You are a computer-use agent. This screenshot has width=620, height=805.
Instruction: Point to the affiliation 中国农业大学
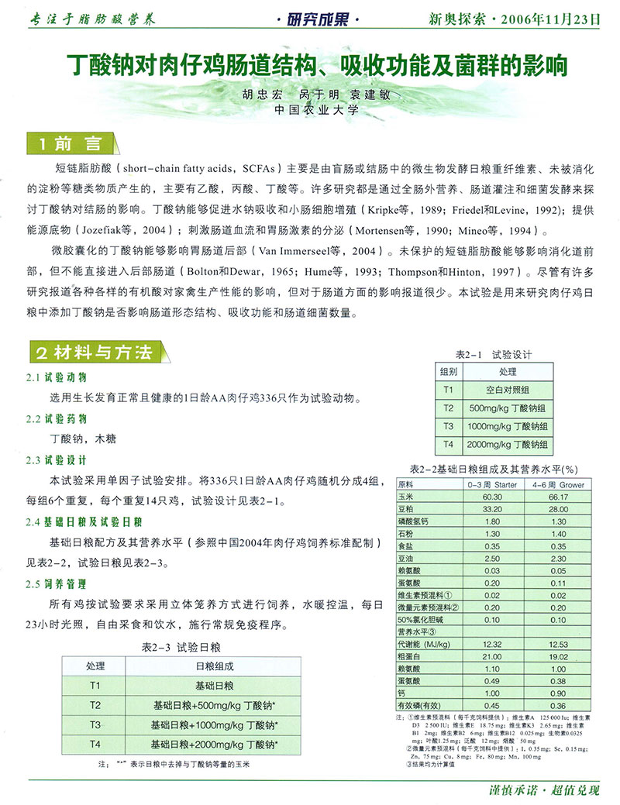click(317, 110)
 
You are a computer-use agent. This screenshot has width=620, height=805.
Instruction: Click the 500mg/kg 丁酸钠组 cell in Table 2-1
click(508, 408)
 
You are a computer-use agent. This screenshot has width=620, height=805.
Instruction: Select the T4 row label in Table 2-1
click(448, 444)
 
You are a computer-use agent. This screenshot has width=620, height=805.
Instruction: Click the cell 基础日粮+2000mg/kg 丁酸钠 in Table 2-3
click(215, 745)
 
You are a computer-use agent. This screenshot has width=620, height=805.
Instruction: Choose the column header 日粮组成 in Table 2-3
click(215, 666)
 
